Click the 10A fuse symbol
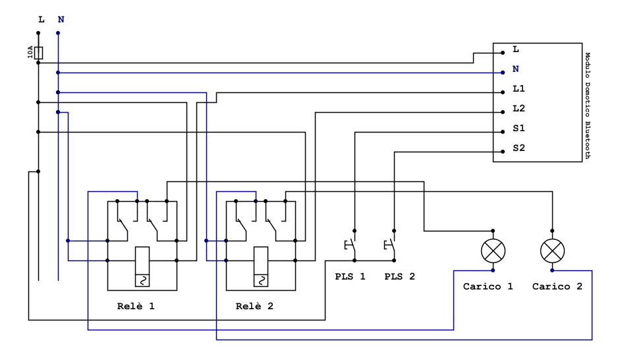[x=38, y=53]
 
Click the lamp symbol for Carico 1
[x=493, y=251]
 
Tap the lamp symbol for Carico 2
[x=552, y=251]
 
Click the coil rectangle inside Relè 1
[x=142, y=267]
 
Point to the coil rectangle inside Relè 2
[x=261, y=267]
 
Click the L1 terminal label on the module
[x=518, y=88]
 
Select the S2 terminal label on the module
[x=518, y=148]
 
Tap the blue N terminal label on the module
[x=516, y=69]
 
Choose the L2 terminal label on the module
[x=518, y=108]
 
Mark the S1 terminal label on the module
[x=518, y=128]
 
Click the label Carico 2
[x=557, y=287]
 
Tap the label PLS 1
[x=350, y=276]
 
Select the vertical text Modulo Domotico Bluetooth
[x=588, y=105]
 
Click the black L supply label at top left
[x=41, y=20]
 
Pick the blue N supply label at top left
[x=61, y=20]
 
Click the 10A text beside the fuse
[x=30, y=53]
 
